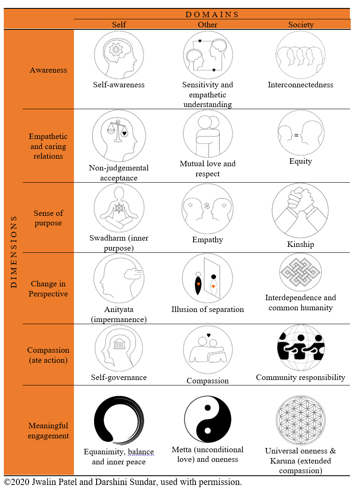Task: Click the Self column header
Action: (x=119, y=25)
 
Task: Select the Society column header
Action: (x=301, y=25)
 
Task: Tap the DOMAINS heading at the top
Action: (x=212, y=15)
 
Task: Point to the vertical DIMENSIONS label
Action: (x=13, y=252)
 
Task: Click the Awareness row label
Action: (x=48, y=70)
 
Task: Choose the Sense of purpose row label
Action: (x=48, y=218)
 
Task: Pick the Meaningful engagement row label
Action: (x=48, y=431)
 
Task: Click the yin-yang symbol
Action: (x=208, y=420)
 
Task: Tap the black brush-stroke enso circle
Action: (x=119, y=420)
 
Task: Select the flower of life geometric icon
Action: (x=301, y=420)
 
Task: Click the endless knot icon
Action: (x=301, y=273)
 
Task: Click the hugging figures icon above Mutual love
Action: (x=208, y=134)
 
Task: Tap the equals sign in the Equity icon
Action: (x=296, y=135)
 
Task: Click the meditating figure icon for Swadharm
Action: (x=119, y=209)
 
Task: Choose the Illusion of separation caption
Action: (x=208, y=309)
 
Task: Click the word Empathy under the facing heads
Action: (x=208, y=240)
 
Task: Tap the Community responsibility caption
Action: (x=301, y=377)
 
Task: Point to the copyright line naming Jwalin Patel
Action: (x=123, y=482)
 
